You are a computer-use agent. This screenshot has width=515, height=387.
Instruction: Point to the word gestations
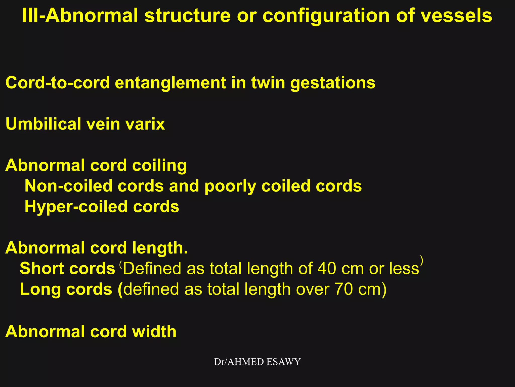[333, 83]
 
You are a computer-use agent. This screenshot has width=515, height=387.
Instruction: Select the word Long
[40, 289]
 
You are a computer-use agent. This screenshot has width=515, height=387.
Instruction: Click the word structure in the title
[187, 16]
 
